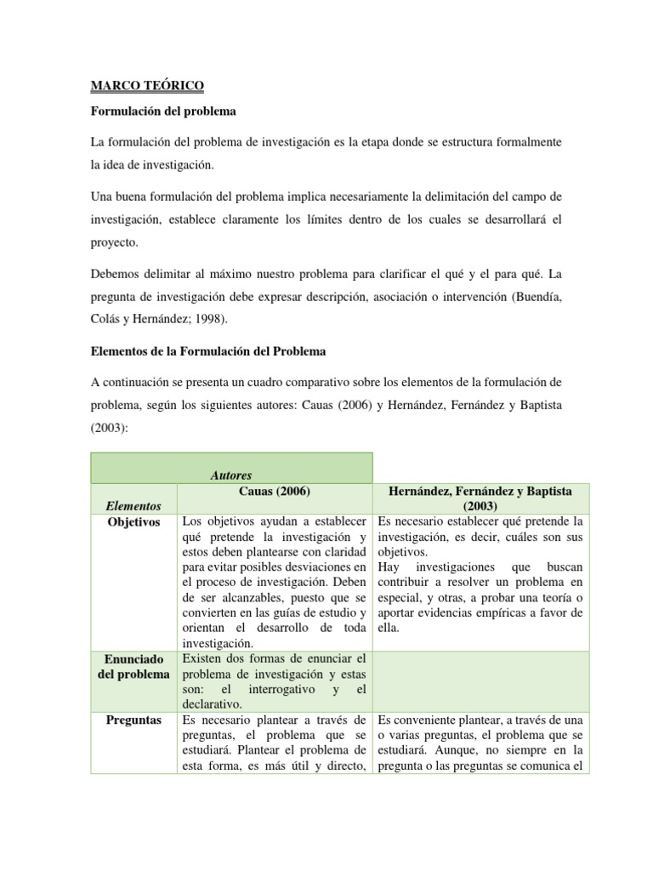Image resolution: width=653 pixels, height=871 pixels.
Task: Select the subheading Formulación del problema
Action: click(163, 111)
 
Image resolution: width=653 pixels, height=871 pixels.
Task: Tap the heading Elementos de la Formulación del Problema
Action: click(207, 350)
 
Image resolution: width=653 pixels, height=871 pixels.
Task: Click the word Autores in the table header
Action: click(231, 475)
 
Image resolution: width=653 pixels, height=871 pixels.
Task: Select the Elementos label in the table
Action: click(133, 505)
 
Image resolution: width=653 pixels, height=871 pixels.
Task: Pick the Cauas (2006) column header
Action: click(274, 492)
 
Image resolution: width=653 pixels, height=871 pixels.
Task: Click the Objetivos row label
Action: click(133, 521)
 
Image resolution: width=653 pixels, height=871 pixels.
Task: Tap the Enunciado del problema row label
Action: click(133, 666)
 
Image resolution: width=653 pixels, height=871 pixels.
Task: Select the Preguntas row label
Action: click(133, 719)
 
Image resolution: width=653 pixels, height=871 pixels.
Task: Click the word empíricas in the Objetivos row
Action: click(521, 612)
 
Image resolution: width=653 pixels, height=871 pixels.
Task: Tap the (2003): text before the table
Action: click(109, 429)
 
